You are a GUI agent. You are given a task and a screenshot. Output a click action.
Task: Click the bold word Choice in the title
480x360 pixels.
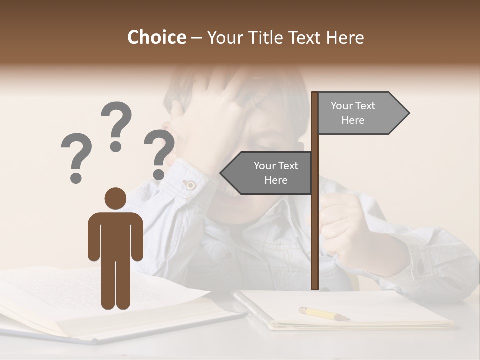click(x=156, y=37)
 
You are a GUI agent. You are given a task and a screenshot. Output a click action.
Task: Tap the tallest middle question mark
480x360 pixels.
click(x=116, y=125)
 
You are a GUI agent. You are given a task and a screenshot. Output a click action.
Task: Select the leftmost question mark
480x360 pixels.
click(x=76, y=157)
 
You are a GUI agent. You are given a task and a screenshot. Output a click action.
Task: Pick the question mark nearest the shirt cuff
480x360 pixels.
click(x=159, y=154)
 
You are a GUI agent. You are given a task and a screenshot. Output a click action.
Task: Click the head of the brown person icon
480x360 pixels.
click(x=115, y=198)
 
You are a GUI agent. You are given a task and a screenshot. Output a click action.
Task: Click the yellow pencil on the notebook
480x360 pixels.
click(x=322, y=313)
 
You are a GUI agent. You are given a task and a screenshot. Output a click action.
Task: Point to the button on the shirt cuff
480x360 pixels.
click(x=190, y=184)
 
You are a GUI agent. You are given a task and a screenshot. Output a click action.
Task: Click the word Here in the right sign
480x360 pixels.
click(x=353, y=120)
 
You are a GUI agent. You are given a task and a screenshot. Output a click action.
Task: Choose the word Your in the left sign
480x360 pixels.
click(x=265, y=166)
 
